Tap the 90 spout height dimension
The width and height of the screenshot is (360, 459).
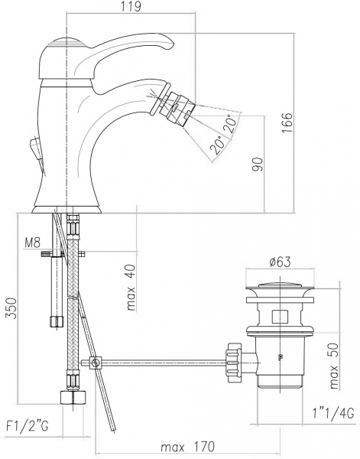[257, 164]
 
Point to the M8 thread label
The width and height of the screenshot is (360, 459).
[32, 244]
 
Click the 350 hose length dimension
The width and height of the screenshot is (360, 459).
[9, 308]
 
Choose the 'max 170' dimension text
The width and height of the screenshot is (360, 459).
[188, 446]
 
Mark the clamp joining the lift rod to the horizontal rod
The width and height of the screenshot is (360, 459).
[95, 362]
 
